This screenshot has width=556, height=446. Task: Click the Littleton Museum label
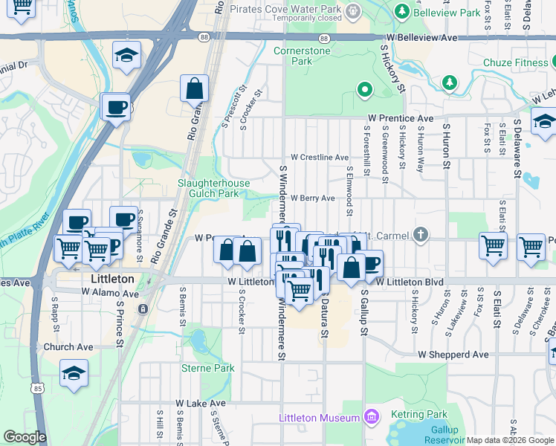pos(319,418)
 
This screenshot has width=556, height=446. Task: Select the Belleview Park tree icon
pos(402,12)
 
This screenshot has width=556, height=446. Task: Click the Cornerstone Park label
pos(301,56)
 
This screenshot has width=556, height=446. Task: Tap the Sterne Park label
pos(208,368)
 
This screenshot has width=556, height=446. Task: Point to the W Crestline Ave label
pos(320,158)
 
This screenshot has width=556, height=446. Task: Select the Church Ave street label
pos(68,347)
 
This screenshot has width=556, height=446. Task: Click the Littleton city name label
pos(111,279)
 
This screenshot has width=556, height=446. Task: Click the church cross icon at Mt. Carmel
pos(421,236)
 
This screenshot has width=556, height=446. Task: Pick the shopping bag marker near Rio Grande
pos(194,89)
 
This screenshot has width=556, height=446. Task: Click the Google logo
pos(24,437)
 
